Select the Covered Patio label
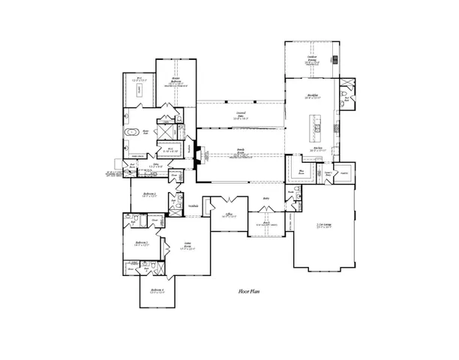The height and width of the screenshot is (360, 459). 240,114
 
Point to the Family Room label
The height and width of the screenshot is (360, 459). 241,149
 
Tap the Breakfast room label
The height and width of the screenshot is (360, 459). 313,95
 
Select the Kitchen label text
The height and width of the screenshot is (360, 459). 318,148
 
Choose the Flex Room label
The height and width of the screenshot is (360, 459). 301,171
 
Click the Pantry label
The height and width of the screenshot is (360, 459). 343,172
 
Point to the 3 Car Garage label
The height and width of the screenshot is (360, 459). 325,225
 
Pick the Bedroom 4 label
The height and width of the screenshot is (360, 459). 157,289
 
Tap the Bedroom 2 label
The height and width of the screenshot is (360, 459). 149,193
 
